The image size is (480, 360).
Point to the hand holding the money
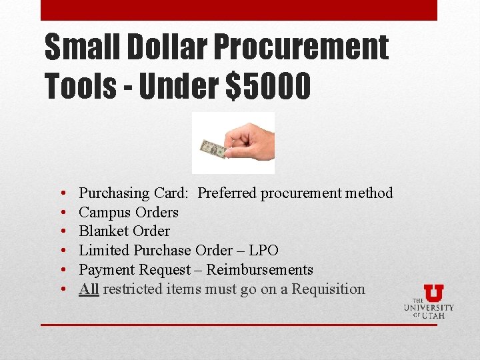coord(249,138)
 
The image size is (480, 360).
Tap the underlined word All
coord(89,289)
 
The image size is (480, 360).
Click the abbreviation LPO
coord(263,251)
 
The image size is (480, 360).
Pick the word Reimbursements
coord(259,270)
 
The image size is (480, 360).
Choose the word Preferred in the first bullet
coord(227,193)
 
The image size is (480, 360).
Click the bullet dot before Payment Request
coord(61,270)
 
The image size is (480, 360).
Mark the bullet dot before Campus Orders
coord(61,213)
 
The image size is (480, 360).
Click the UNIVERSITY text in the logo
coord(429,307)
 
